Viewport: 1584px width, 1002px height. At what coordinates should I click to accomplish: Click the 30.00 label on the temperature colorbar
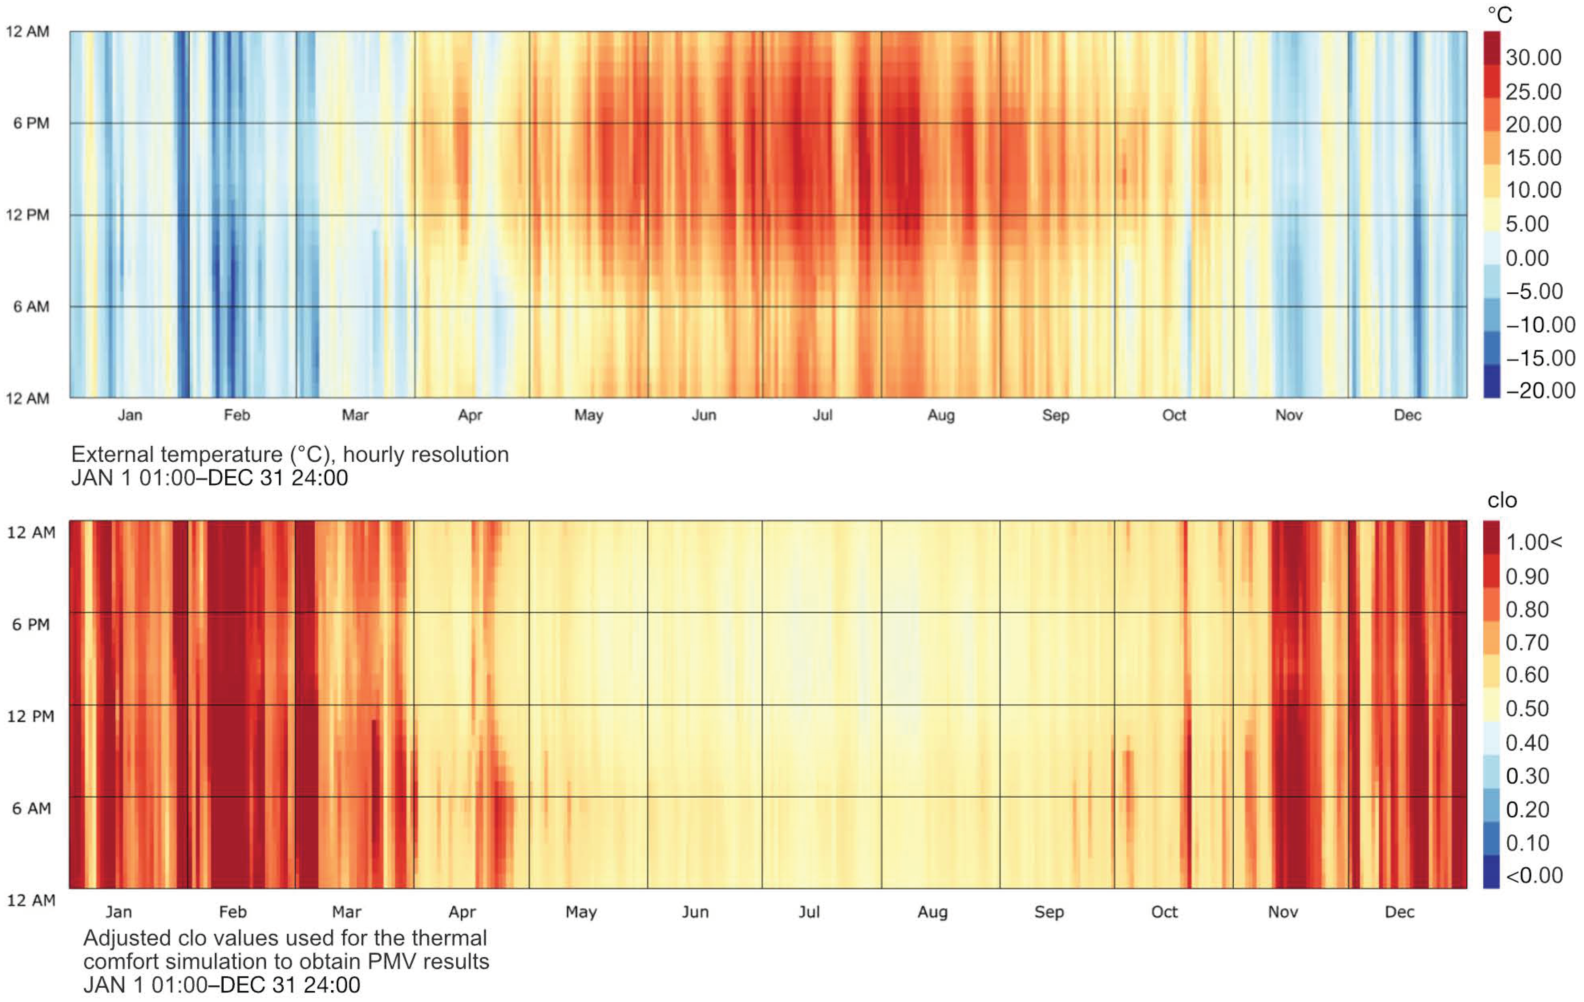[1533, 58]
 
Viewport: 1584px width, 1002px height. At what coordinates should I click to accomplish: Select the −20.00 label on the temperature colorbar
[1540, 391]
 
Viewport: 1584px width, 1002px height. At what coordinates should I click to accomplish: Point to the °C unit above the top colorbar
[1500, 14]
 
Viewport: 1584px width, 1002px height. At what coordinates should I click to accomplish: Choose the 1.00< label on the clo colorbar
[1533, 542]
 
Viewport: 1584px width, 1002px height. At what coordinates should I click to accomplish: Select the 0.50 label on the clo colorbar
[1527, 709]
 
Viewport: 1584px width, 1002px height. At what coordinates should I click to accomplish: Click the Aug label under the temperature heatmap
[941, 415]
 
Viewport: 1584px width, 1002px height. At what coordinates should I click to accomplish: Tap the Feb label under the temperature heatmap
[237, 415]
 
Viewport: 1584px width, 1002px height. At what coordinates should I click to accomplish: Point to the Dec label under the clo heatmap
[1399, 912]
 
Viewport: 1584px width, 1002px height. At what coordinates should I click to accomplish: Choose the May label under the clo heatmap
[581, 912]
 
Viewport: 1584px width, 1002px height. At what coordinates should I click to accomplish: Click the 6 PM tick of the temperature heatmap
[31, 123]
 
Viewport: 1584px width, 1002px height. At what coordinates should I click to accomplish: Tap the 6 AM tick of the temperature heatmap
[31, 307]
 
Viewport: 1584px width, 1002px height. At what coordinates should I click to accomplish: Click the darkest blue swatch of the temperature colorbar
[1491, 382]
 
